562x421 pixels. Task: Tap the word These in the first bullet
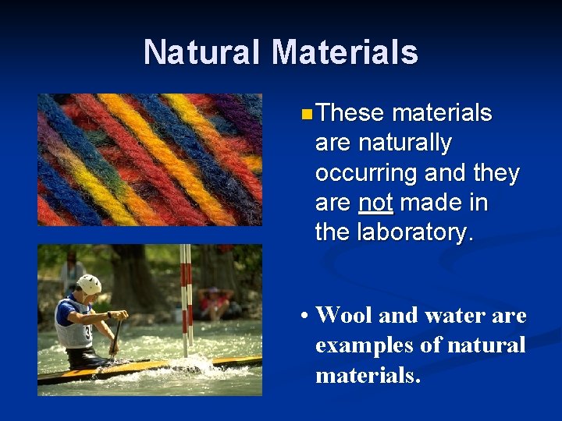(350, 114)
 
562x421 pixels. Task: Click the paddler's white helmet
(90, 285)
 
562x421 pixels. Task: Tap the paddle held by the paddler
(116, 335)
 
